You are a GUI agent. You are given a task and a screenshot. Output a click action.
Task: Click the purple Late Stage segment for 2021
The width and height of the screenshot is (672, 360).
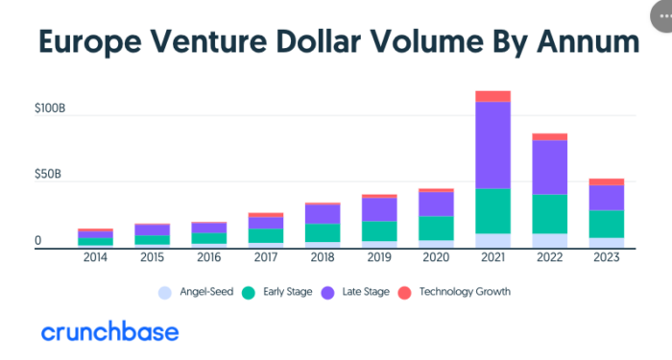coord(492,144)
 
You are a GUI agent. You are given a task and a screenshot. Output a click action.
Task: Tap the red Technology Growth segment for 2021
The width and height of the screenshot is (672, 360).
coord(492,96)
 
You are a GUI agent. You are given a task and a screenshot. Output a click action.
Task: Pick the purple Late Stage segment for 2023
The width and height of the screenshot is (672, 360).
coord(606,197)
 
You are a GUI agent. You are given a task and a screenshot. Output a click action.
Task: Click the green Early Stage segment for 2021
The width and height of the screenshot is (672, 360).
coord(492,210)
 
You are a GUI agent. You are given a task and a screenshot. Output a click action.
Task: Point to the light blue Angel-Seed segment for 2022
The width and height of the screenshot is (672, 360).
coord(549,240)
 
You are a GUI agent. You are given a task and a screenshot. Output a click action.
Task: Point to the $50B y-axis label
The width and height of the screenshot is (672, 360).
coord(49,176)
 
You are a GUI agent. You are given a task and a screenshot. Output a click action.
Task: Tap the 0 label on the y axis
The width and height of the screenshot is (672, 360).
coord(37,240)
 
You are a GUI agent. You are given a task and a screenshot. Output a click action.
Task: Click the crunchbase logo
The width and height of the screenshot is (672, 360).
coord(109,332)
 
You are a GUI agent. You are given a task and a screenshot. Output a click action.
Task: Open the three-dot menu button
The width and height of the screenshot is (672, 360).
coord(660,11)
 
